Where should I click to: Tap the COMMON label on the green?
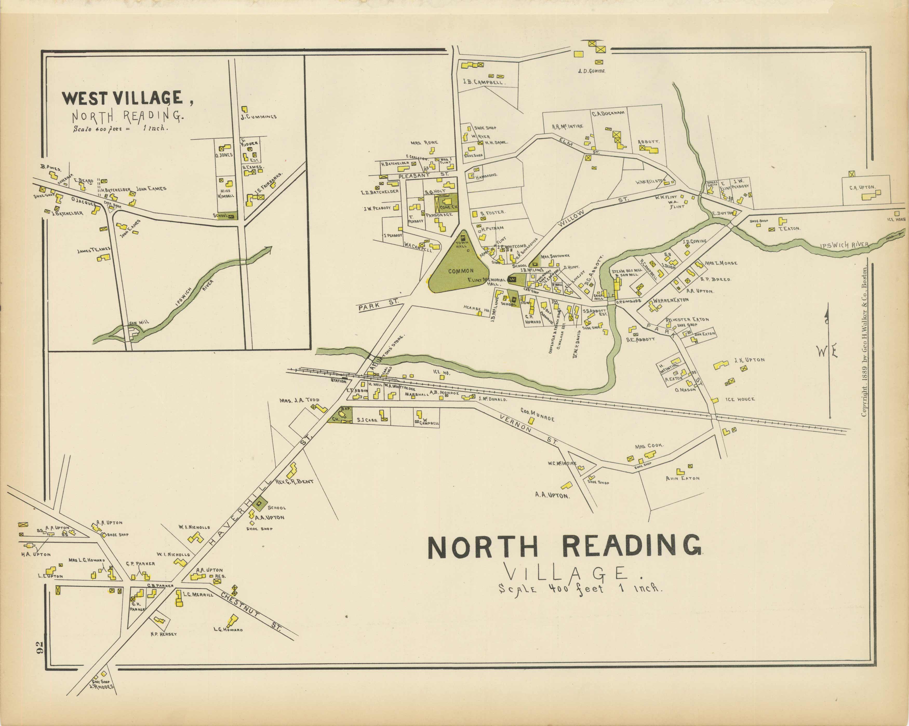(460, 271)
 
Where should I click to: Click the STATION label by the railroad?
(339, 381)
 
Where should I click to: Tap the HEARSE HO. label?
(476, 309)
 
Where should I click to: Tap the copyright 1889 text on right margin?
(864, 341)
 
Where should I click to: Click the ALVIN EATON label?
(682, 478)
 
